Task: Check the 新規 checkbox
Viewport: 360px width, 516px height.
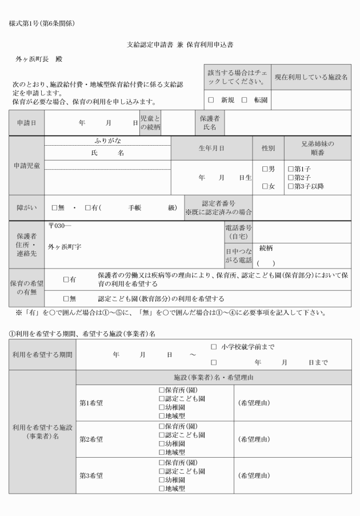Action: click(x=211, y=100)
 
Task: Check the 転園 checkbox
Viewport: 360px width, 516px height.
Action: click(x=244, y=100)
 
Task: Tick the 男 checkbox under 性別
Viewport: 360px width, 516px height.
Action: click(x=265, y=169)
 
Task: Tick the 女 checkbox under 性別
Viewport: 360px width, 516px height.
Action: click(x=265, y=186)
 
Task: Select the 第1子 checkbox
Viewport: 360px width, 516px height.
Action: click(x=290, y=169)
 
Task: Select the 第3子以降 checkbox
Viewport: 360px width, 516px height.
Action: click(x=290, y=186)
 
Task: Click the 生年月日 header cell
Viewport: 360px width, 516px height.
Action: click(x=211, y=148)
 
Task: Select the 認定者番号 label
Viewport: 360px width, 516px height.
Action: click(x=218, y=203)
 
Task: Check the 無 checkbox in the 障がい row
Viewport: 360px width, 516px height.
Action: click(x=55, y=208)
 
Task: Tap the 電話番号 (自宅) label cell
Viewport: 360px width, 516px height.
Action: click(x=238, y=231)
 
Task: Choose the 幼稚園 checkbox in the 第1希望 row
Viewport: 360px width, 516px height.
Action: click(x=162, y=408)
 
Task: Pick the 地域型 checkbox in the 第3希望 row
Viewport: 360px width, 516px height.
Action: click(x=162, y=489)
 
